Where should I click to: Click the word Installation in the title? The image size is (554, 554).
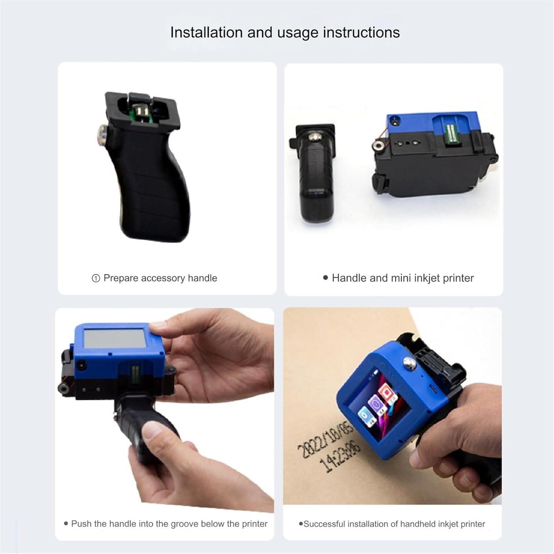pyautogui.click(x=206, y=33)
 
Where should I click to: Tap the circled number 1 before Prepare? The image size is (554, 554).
pyautogui.click(x=96, y=278)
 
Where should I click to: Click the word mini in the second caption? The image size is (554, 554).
pyautogui.click(x=401, y=278)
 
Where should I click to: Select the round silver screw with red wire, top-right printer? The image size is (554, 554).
pyautogui.click(x=379, y=145)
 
